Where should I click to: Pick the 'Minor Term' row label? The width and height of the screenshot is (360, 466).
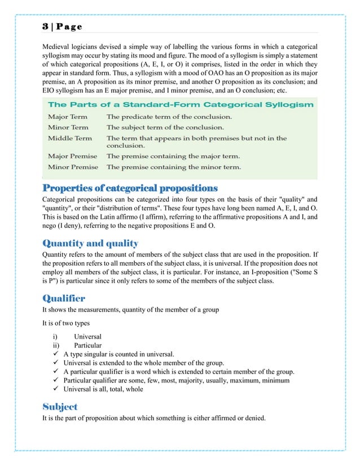68,128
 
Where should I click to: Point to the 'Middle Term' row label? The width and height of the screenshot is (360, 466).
69,138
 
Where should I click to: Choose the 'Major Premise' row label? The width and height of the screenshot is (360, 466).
72,156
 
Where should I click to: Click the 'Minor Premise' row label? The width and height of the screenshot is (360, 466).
73,167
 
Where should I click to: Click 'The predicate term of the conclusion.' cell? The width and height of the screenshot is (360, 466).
169,117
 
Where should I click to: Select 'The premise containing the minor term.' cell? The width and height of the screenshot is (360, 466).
174,167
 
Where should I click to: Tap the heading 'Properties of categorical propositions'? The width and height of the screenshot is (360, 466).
130,188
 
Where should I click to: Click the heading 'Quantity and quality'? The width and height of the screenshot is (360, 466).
90,244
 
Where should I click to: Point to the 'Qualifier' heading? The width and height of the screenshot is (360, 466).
64,298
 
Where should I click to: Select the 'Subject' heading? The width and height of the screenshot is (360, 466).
60,406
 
